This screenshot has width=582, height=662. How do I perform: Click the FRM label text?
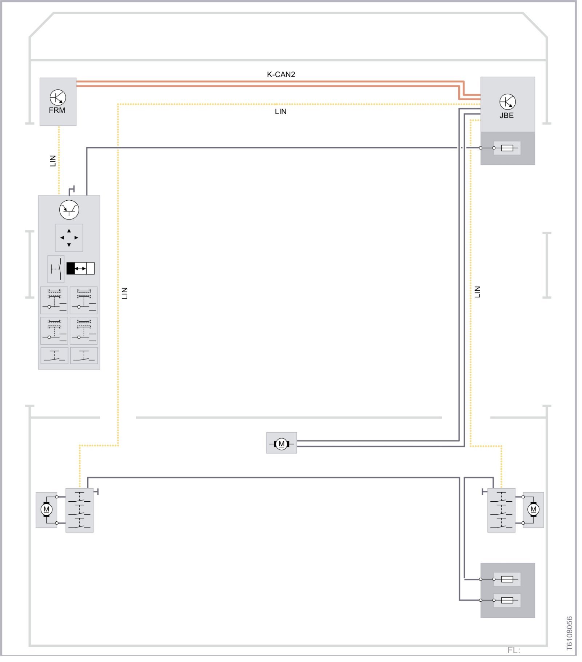pyautogui.click(x=57, y=110)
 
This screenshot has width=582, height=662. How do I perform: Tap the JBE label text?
pyautogui.click(x=507, y=116)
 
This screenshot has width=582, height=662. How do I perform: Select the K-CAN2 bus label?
pyautogui.click(x=281, y=75)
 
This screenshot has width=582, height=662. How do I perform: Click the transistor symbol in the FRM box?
pyautogui.click(x=58, y=97)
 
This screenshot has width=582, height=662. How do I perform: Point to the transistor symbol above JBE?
pyautogui.click(x=507, y=102)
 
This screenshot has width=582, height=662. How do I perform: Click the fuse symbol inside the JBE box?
pyautogui.click(x=507, y=148)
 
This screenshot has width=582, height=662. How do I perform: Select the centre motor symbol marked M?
pyautogui.click(x=281, y=444)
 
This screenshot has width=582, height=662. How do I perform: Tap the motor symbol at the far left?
pyautogui.click(x=46, y=509)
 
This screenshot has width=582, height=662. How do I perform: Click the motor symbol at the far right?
pyautogui.click(x=533, y=509)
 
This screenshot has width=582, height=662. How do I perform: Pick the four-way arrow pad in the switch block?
pyautogui.click(x=69, y=238)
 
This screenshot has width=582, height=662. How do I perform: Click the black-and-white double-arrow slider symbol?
pyautogui.click(x=80, y=269)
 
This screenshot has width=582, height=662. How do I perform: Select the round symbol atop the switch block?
pyautogui.click(x=69, y=210)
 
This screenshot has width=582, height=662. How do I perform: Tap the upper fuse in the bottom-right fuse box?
pyautogui.click(x=507, y=579)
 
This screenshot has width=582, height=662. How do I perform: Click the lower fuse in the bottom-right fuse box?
pyautogui.click(x=507, y=600)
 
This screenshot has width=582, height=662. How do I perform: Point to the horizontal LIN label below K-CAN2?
pyautogui.click(x=280, y=112)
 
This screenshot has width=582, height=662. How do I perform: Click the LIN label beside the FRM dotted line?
pyautogui.click(x=53, y=161)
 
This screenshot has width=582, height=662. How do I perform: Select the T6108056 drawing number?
pyautogui.click(x=569, y=633)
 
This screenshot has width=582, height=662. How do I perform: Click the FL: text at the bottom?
pyautogui.click(x=514, y=650)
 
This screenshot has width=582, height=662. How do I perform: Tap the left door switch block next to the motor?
pyautogui.click(x=79, y=510)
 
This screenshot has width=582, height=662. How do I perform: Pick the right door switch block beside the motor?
pyautogui.click(x=501, y=510)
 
